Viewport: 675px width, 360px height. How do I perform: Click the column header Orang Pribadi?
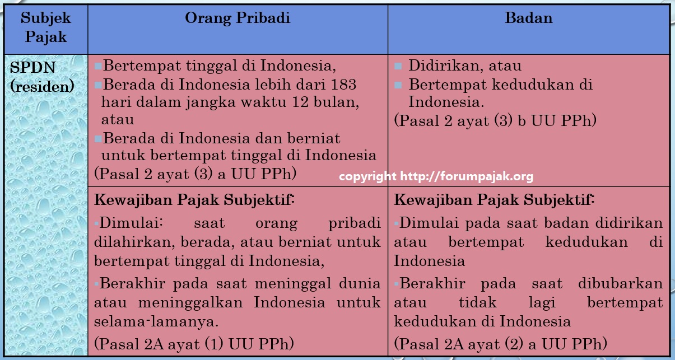238,18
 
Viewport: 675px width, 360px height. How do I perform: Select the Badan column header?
529,18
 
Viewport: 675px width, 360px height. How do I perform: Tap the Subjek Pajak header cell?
46,28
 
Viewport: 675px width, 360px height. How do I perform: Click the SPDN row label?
32,67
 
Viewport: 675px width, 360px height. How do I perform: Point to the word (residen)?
42,86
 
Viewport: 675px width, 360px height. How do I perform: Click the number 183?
343,85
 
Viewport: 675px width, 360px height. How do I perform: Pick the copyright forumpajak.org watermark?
436,176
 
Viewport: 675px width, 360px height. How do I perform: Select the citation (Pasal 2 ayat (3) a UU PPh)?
195,174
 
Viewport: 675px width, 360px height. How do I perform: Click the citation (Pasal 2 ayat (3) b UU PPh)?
495,120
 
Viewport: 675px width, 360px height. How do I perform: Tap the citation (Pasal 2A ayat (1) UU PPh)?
194,344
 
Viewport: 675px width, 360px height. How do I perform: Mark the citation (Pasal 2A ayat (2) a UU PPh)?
501,344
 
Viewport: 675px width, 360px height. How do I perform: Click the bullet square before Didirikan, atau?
398,66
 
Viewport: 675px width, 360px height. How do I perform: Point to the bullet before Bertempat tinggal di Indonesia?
98,66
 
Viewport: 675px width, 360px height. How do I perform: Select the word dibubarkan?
621,283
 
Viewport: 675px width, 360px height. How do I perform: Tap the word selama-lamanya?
156,321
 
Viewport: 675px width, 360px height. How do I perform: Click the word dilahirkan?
134,242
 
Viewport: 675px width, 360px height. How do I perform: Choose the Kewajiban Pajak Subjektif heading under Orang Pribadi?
194,200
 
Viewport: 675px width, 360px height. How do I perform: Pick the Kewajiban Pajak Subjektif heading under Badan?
494,200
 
